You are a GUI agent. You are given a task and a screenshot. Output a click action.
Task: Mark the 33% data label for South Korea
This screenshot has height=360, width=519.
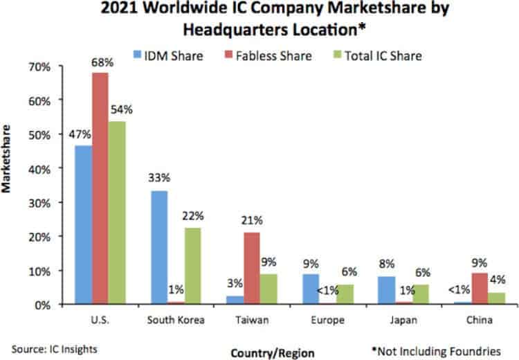click(160, 177)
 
